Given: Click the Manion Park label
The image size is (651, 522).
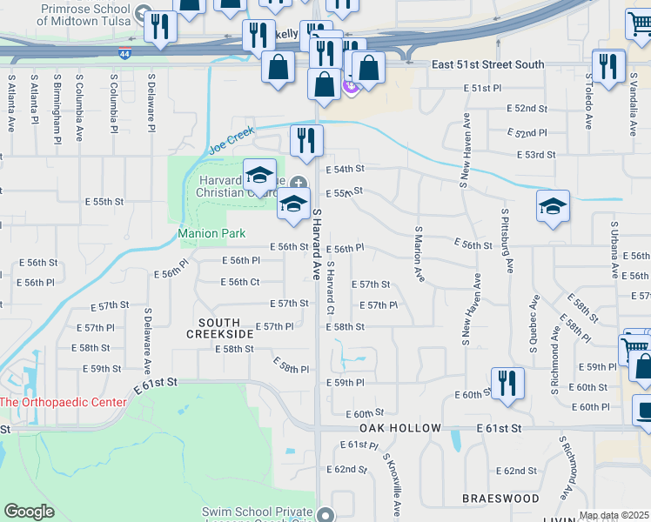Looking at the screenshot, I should pos(211,233).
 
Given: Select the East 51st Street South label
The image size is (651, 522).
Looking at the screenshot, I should pos(488,64).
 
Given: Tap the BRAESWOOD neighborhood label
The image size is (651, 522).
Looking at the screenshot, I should pos(488,499).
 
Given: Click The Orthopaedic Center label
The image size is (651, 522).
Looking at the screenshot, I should pos(63,402).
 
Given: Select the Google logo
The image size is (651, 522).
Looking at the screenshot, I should pos(29,512).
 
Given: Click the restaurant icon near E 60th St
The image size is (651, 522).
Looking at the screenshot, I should pos(507,383).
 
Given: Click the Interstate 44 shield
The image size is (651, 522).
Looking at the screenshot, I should pos(127,54).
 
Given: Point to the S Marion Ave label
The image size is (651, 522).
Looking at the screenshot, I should pos(419,253).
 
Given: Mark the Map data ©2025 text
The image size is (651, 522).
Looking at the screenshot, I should pos(614,515).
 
